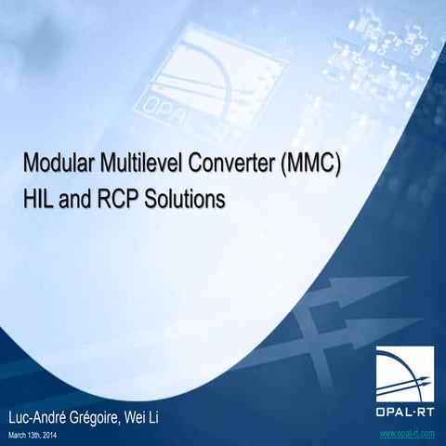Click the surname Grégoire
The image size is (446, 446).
click(x=111, y=415)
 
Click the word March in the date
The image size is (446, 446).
click(x=19, y=434)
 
